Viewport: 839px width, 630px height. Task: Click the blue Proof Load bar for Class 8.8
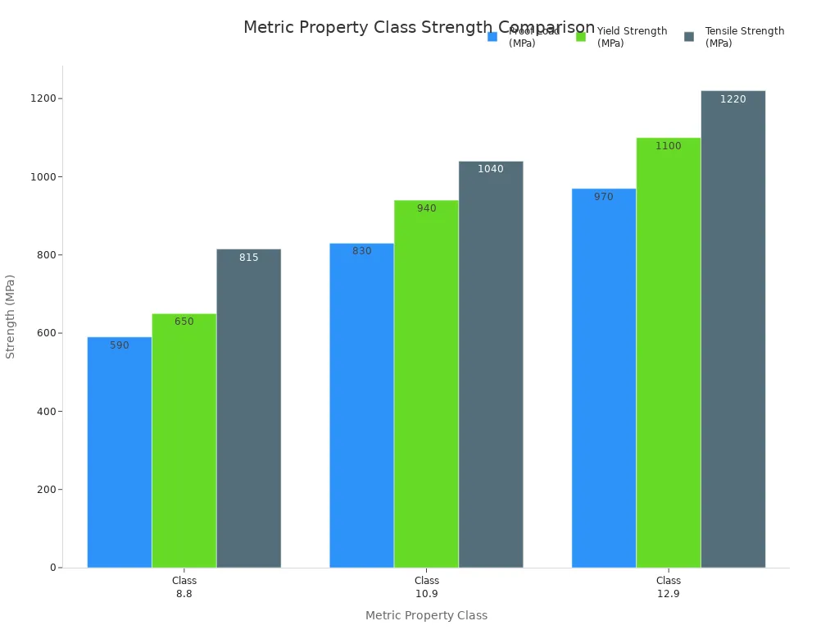click(120, 452)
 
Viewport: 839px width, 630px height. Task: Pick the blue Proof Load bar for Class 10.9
click(361, 405)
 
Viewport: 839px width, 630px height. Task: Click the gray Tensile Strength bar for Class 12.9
click(733, 329)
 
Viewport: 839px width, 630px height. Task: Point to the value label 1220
click(733, 99)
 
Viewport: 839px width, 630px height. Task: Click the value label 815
click(249, 258)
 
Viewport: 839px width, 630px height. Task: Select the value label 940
click(426, 208)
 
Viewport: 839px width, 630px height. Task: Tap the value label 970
click(604, 197)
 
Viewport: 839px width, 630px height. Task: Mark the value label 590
click(120, 345)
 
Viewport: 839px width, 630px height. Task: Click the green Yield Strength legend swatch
click(581, 37)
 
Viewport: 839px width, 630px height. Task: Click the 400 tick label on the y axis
click(46, 412)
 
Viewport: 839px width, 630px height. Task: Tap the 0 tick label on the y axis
click(53, 568)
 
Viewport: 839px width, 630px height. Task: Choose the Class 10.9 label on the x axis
click(426, 587)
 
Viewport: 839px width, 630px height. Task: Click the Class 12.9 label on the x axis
click(669, 587)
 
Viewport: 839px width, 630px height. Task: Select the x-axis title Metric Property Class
click(426, 615)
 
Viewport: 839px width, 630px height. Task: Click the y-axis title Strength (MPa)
click(11, 316)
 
